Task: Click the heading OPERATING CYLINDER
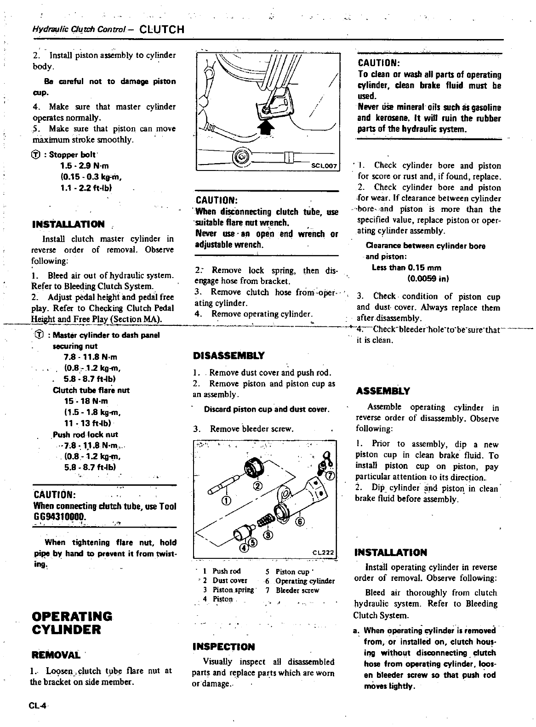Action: [x=72, y=623]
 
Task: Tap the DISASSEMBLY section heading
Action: [x=229, y=356]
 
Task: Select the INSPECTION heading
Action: [x=223, y=647]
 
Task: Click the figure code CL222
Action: [x=325, y=552]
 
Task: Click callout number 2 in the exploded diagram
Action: [x=258, y=486]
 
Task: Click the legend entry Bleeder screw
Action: [x=297, y=591]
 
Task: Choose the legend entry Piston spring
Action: [x=233, y=591]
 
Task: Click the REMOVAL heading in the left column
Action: [x=55, y=654]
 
